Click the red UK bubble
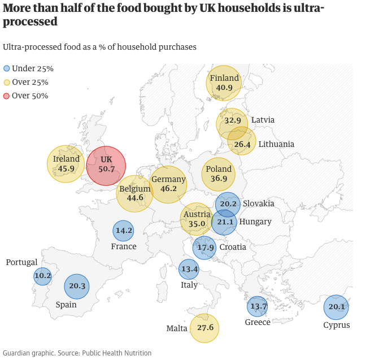click(x=106, y=165)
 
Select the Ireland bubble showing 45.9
click(x=66, y=164)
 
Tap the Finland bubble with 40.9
click(x=224, y=83)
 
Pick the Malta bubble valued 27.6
click(x=204, y=328)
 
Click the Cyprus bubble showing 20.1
click(x=336, y=307)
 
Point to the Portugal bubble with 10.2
click(x=42, y=276)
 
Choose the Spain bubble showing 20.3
click(x=77, y=286)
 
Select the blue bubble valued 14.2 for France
click(x=123, y=231)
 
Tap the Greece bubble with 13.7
click(x=258, y=306)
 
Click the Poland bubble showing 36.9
click(x=219, y=174)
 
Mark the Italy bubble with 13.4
click(x=189, y=269)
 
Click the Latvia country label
click(x=263, y=120)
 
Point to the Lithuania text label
click(x=276, y=144)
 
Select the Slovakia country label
click(x=259, y=203)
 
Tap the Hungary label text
click(x=255, y=222)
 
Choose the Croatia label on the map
click(x=233, y=247)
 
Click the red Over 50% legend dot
click(x=7, y=96)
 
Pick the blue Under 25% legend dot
click(x=7, y=68)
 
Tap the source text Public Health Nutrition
click(x=117, y=353)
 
